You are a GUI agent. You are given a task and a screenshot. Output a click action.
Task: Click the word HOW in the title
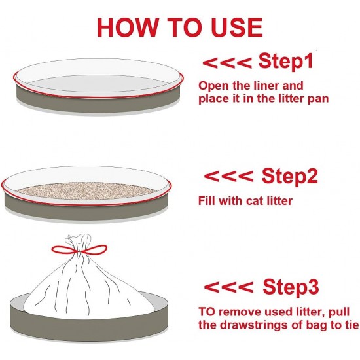128,27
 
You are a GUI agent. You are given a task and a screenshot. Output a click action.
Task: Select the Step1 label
286,61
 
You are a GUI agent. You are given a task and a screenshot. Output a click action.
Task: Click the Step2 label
289,176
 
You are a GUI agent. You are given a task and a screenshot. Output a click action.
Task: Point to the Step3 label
291,287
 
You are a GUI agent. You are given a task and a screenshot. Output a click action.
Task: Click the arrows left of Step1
227,63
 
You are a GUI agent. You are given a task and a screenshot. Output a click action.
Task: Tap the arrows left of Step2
228,176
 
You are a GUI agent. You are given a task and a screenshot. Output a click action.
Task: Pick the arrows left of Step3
228,287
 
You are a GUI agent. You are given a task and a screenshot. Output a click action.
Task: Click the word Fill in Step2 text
206,201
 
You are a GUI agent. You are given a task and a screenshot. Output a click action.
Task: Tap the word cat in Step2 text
255,201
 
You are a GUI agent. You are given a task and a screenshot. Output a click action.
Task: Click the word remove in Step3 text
240,312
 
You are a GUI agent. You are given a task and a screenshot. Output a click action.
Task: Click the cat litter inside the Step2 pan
86,190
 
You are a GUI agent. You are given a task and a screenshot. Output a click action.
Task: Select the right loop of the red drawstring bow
95,249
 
